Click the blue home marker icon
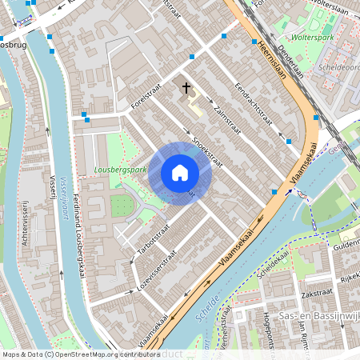(x=180, y=173)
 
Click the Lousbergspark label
(x=121, y=170)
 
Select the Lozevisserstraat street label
(x=157, y=272)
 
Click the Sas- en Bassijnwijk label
(x=317, y=318)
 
